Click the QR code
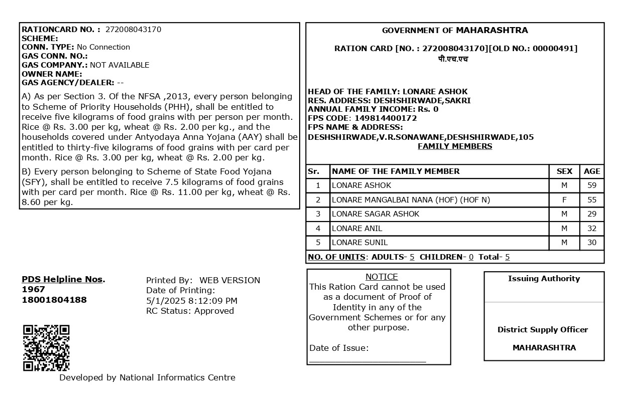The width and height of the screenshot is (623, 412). click(x=46, y=348)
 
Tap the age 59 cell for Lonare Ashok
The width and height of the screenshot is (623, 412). click(x=592, y=185)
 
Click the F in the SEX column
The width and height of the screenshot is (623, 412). click(x=564, y=200)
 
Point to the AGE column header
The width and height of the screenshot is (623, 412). click(x=592, y=171)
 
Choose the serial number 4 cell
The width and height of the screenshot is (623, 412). click(x=318, y=229)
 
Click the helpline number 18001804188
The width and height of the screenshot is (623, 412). click(x=54, y=300)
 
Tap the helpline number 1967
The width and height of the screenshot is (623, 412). click(x=33, y=289)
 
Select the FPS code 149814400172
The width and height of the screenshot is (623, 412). click(x=379, y=118)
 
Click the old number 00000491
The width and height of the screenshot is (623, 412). click(x=554, y=49)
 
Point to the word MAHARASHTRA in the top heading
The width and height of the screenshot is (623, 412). click(x=491, y=31)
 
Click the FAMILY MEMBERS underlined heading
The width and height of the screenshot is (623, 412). click(x=455, y=146)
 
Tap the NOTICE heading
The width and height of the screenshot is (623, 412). click(x=382, y=277)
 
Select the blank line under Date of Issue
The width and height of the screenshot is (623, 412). click(x=367, y=360)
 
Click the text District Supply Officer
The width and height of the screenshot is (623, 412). click(x=543, y=330)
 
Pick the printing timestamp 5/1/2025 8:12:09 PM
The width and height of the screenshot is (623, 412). click(x=192, y=301)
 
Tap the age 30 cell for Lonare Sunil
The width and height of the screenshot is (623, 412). click(x=592, y=243)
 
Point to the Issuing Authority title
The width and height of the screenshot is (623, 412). click(x=544, y=279)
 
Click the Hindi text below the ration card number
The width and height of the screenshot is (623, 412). click(x=453, y=59)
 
